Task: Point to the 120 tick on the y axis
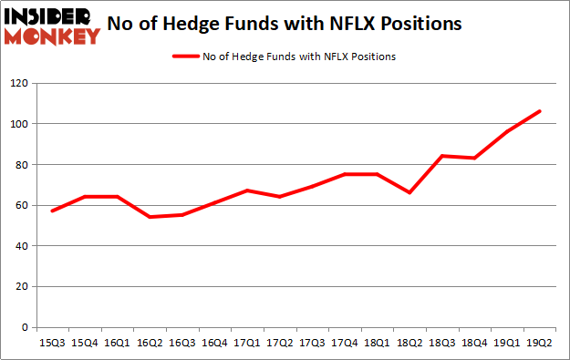(18, 83)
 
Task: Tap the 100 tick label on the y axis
(18, 124)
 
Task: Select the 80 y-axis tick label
(21, 165)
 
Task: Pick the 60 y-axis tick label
(21, 205)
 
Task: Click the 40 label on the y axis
(21, 246)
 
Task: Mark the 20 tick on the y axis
(21, 286)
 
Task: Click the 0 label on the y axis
(24, 327)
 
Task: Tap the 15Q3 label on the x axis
(53, 343)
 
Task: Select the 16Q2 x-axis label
(149, 343)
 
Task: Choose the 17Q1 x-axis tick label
(244, 343)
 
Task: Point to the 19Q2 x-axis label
(539, 343)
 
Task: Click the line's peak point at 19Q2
(539, 111)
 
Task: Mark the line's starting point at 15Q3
(53, 211)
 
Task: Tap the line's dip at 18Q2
(410, 192)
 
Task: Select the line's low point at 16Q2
(149, 217)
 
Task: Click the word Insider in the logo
(51, 16)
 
